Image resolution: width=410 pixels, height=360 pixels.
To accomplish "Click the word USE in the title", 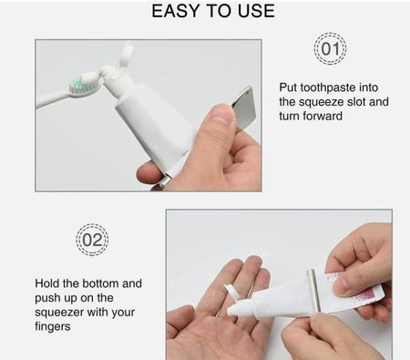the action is point(256,11).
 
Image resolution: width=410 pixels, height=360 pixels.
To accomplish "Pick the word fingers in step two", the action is point(53,326).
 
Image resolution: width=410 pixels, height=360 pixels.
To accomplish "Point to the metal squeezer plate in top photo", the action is point(243,108).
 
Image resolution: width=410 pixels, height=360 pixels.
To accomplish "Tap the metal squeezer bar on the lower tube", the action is point(313,291).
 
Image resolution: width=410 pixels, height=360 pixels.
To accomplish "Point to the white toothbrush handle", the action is point(53,98).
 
